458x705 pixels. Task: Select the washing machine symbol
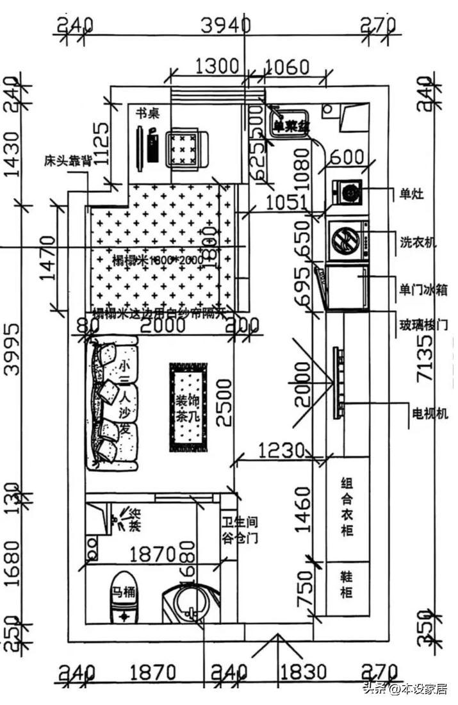coord(348,241)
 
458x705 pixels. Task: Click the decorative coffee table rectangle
coord(188,407)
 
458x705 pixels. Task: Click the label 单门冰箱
coord(423,290)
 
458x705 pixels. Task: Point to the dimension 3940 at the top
coord(225,26)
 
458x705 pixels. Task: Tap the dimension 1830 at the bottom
coord(303,673)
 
